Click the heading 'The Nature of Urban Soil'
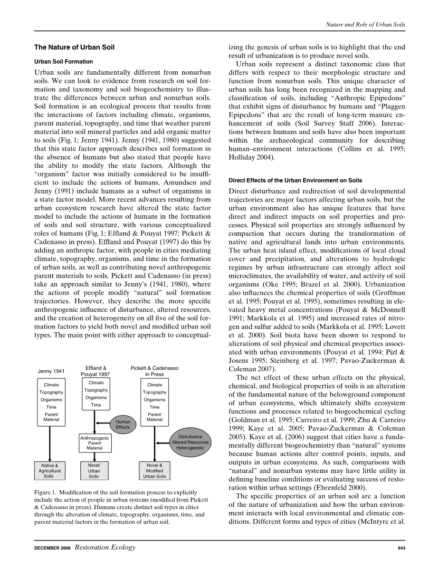(x=74, y=47)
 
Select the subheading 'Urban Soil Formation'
(x=63, y=62)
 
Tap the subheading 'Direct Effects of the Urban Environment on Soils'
(x=295, y=180)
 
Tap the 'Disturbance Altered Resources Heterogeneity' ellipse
(x=190, y=442)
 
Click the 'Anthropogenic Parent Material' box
(x=95, y=443)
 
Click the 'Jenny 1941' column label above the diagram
(x=51, y=371)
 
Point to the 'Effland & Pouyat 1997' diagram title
(x=96, y=371)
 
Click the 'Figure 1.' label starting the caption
(x=45, y=492)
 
